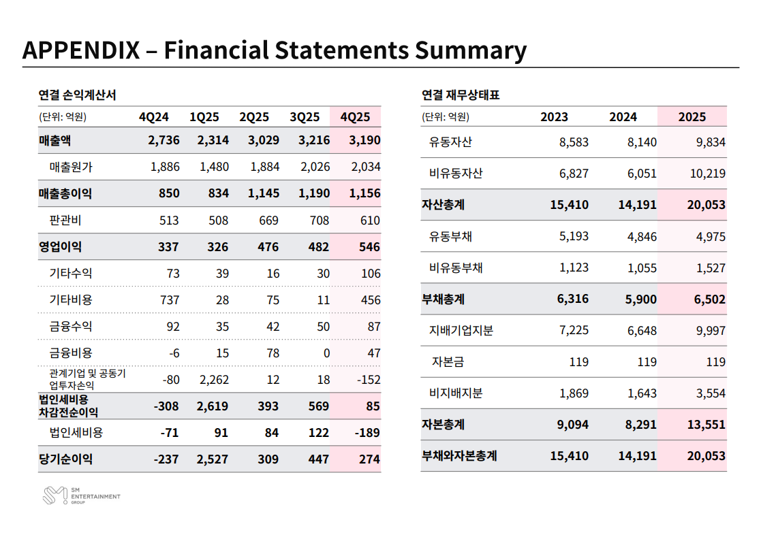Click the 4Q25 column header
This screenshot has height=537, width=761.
tap(355, 117)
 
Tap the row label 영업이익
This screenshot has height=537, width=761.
tap(60, 246)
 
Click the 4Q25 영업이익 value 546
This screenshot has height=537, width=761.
tap(369, 246)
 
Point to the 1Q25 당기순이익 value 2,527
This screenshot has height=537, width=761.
tap(213, 459)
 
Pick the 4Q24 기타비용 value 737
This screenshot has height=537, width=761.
tap(168, 300)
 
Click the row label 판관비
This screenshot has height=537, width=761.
tap(65, 221)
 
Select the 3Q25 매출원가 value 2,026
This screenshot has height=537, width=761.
tap(314, 167)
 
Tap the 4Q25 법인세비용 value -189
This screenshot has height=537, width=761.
tap(368, 433)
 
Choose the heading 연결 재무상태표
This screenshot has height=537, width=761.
tap(461, 95)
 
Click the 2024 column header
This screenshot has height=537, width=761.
tap(623, 117)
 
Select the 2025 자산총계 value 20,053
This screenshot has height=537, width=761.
tap(706, 205)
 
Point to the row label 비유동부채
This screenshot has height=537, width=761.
tap(456, 268)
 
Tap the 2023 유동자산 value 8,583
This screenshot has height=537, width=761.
tap(574, 143)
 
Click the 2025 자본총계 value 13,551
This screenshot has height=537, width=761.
tap(706, 425)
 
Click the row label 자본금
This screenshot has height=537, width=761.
tap(448, 362)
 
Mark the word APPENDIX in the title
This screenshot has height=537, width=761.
tap(80, 50)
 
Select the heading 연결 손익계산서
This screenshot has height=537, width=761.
tap(77, 95)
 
